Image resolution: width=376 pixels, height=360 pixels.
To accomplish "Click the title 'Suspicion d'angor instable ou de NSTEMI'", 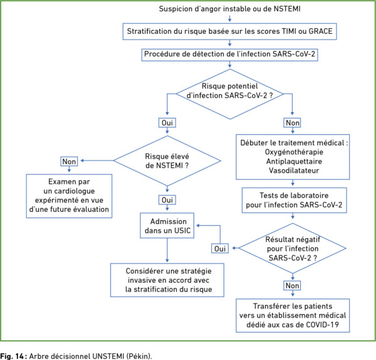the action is click(229, 9).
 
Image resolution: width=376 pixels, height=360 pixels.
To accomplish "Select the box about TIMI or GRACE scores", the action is click(229, 31).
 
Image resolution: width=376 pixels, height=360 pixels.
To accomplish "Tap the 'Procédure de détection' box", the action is click(229, 55).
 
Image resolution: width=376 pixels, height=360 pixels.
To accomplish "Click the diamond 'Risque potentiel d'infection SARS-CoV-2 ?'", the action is click(230, 94).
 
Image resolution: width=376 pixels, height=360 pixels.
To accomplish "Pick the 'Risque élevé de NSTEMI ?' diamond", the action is click(167, 161).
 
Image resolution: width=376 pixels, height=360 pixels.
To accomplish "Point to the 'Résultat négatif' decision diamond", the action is click(292, 248).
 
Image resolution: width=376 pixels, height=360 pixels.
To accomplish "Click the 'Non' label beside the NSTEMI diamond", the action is click(69, 162).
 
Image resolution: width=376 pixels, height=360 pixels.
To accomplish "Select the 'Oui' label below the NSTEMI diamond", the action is click(167, 200).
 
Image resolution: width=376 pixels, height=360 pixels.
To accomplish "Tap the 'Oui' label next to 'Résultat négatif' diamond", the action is click(220, 248).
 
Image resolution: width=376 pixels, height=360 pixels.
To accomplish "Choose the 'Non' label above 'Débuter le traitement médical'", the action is click(292, 123).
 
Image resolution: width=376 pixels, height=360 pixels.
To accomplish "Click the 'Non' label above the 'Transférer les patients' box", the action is click(292, 285).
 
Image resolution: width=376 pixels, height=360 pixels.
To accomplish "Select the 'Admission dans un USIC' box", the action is click(167, 225).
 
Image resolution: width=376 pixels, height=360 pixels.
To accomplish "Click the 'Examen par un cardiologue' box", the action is click(69, 196).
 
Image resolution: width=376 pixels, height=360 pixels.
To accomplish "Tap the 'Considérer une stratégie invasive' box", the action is click(167, 280).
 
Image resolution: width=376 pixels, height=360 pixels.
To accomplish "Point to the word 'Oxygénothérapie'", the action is click(294, 152).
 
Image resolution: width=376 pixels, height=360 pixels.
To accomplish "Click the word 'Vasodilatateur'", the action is click(294, 171).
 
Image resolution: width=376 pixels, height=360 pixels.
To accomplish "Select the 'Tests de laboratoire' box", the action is click(295, 200).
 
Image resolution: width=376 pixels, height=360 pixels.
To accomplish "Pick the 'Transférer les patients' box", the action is click(293, 315).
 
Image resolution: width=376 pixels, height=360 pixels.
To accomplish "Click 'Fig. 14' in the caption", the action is click(12, 356).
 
